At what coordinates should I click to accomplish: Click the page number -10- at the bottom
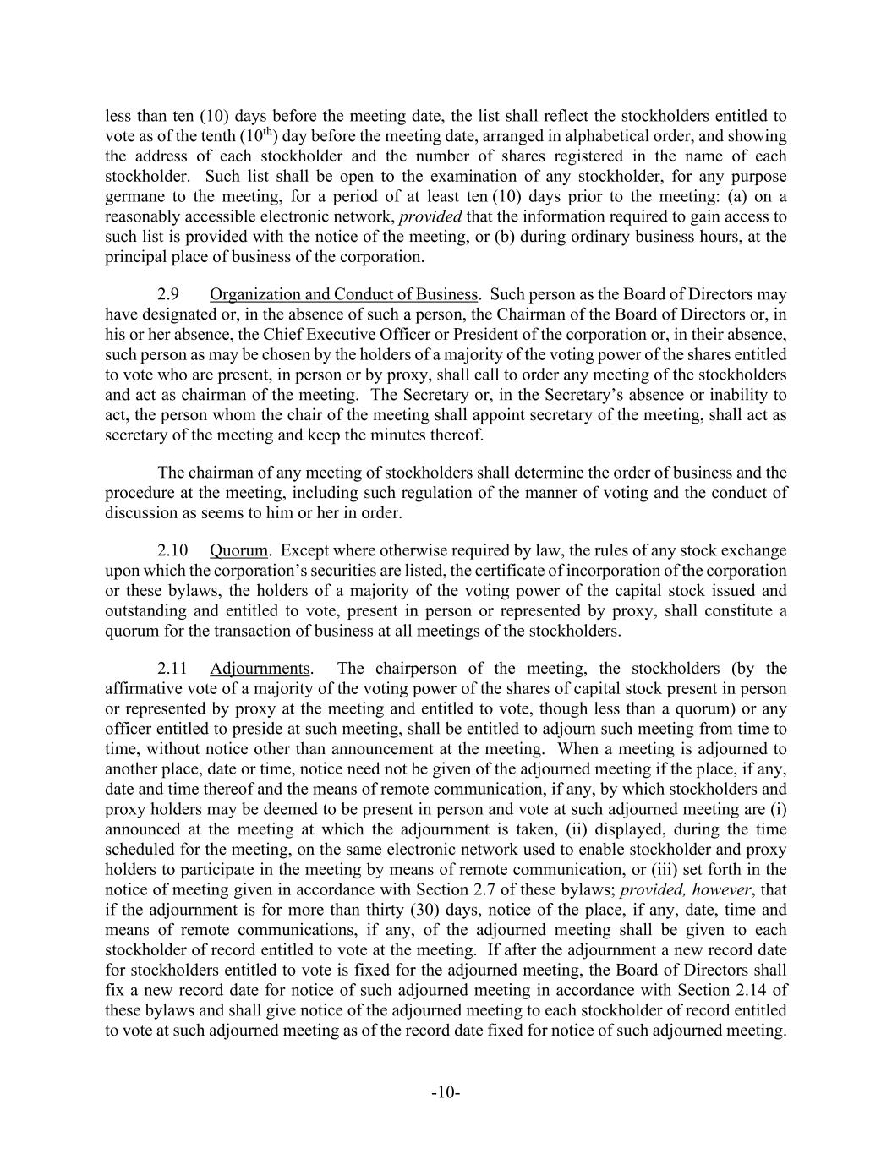[446, 1093]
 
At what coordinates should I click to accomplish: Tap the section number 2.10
[172, 551]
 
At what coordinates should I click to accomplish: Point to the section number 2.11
[172, 669]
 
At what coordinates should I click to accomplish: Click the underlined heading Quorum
[238, 551]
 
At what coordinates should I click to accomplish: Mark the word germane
[132, 197]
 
